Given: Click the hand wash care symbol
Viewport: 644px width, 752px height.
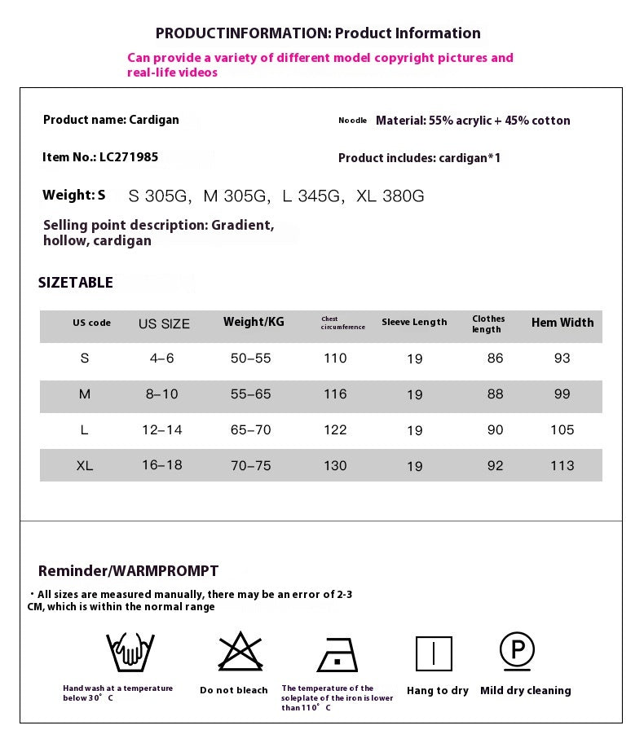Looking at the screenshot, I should pyautogui.click(x=130, y=651).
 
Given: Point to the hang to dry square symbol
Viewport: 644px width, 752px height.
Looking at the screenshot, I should pyautogui.click(x=434, y=653).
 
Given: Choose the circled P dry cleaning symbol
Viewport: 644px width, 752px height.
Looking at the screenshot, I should pyautogui.click(x=517, y=650).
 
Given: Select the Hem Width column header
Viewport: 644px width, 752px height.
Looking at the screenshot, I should pyautogui.click(x=562, y=323).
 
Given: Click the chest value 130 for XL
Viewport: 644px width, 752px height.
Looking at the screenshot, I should pyautogui.click(x=335, y=466).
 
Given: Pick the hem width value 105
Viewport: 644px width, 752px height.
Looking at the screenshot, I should pyautogui.click(x=562, y=430).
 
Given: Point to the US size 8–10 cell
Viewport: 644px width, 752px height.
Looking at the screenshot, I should pyautogui.click(x=161, y=394).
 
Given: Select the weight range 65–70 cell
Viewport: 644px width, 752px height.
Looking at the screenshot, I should pyautogui.click(x=250, y=430).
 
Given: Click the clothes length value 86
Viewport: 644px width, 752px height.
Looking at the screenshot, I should pyautogui.click(x=495, y=358).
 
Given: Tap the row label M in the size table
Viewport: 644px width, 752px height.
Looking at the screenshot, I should pyautogui.click(x=85, y=394).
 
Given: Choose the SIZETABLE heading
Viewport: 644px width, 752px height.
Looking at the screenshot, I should pyautogui.click(x=76, y=283).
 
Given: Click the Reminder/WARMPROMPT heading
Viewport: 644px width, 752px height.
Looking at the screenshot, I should pyautogui.click(x=128, y=571).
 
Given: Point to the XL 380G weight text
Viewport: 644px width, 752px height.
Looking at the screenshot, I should pyautogui.click(x=390, y=196).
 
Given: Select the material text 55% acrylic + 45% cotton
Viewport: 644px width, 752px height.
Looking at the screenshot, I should pyautogui.click(x=473, y=121).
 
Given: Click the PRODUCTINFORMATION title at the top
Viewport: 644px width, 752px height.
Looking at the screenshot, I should pyautogui.click(x=318, y=33).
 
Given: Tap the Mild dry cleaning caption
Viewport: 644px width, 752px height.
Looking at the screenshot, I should pyautogui.click(x=526, y=691).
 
